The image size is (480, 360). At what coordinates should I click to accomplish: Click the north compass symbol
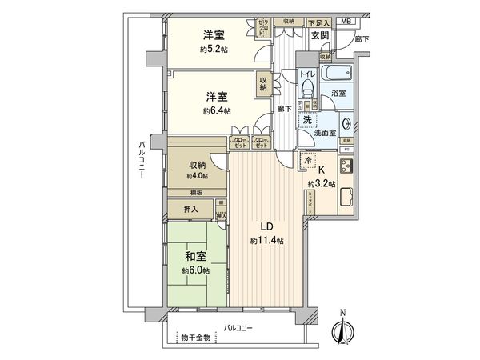pos(343,329)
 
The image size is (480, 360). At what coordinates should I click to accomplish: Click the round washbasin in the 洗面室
pos(346,123)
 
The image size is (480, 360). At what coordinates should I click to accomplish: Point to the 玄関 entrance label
pos(320,35)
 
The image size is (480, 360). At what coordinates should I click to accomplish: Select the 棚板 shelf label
pos(196,193)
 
